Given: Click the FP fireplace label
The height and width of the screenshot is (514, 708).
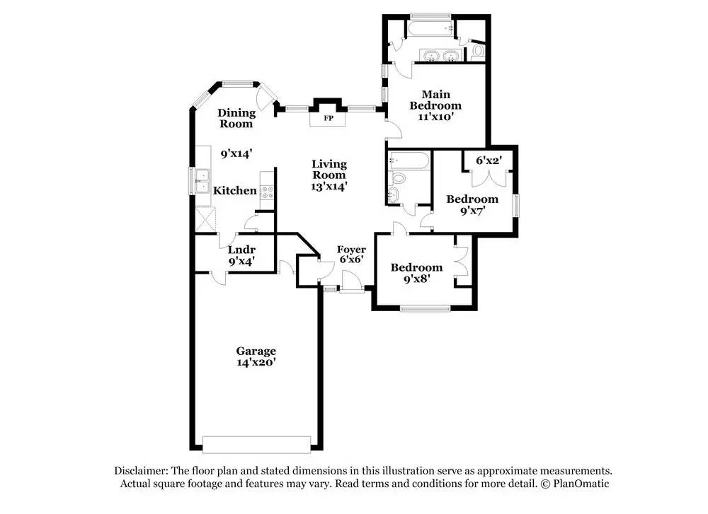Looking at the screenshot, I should (x=328, y=118).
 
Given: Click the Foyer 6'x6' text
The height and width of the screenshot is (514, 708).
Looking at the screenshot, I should (x=351, y=255).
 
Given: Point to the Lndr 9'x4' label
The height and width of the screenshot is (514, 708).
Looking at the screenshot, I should (x=241, y=255).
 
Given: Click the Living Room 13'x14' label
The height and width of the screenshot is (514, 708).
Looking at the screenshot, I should (x=329, y=175).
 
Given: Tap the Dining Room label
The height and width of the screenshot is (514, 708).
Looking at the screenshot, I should (x=236, y=118).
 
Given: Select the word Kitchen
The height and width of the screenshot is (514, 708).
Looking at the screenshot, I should (x=235, y=190).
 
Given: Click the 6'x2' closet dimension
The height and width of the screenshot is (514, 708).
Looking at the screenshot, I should (x=488, y=161).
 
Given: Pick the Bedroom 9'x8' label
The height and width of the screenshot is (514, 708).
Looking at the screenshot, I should (x=416, y=272).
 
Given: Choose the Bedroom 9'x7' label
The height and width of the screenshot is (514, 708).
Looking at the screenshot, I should (x=472, y=204).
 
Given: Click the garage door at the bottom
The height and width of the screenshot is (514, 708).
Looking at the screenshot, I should (x=256, y=443).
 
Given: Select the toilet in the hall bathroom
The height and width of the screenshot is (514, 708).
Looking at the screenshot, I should (x=397, y=178).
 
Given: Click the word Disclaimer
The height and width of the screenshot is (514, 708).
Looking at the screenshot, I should (x=141, y=471).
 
